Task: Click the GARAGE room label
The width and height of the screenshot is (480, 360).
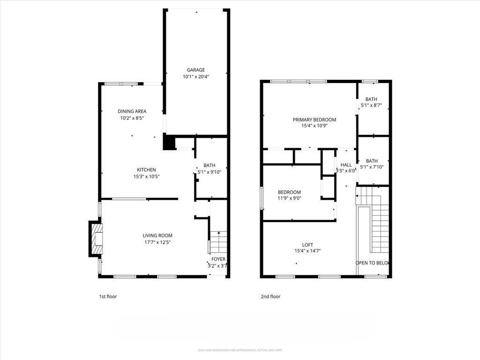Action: (196, 70)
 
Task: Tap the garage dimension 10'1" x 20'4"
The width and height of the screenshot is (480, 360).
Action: (196, 76)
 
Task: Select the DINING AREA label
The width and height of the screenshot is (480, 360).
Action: (132, 111)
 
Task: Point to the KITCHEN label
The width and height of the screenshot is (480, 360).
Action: (146, 170)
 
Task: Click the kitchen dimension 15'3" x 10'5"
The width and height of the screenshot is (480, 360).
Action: (146, 176)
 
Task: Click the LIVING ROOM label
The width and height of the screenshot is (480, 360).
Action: (157, 235)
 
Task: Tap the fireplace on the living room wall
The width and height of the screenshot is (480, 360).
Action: (96, 239)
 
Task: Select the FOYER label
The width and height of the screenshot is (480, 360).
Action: (218, 259)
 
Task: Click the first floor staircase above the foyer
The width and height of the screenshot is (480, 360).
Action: (218, 241)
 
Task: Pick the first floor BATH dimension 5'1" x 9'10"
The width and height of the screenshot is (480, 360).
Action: (210, 172)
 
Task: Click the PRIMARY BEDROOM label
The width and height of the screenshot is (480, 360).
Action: (315, 120)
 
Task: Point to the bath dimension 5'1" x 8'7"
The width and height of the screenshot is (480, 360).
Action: (371, 105)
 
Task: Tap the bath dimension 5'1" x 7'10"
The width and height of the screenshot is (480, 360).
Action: (372, 167)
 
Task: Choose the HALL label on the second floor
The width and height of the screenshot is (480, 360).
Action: (346, 165)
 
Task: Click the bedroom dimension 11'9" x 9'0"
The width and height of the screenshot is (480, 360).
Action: (289, 198)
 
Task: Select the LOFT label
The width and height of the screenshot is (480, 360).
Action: (307, 244)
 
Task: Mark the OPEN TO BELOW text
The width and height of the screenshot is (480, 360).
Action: (373, 263)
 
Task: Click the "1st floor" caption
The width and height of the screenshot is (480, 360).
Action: (108, 296)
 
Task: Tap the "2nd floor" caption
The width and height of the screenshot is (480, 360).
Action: (270, 296)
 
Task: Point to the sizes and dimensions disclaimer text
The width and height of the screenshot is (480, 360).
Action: (240, 350)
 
